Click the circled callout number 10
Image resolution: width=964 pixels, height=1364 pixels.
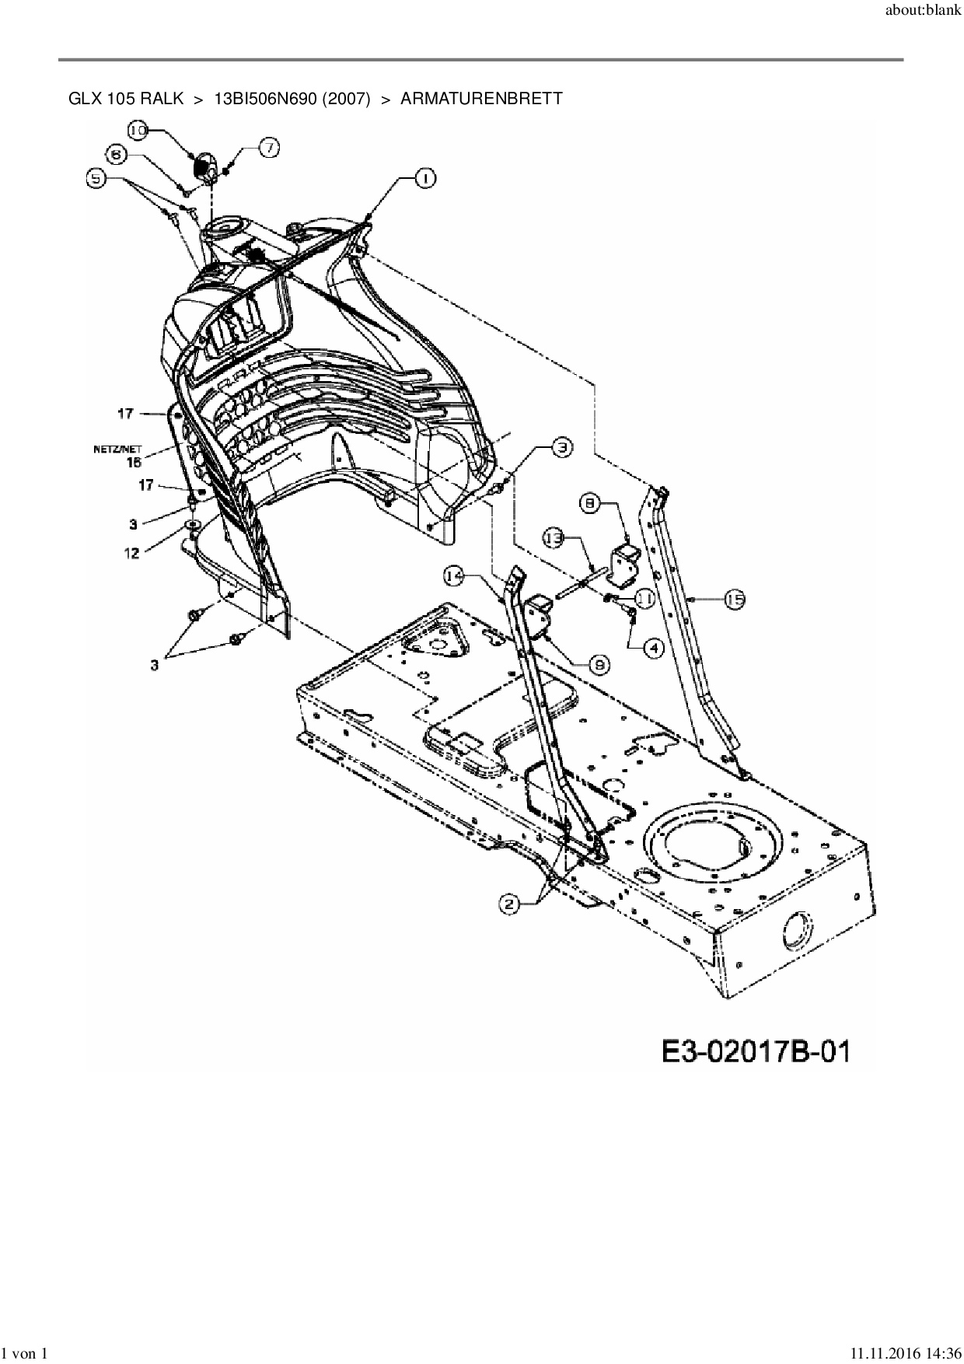click(x=138, y=131)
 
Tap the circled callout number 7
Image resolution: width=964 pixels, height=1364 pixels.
click(x=269, y=148)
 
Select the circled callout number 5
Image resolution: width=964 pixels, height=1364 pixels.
click(x=95, y=179)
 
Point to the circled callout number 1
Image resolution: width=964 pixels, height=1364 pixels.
click(x=424, y=179)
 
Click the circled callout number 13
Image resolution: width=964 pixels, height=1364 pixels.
click(x=553, y=537)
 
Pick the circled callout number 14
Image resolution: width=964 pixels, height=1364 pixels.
click(x=455, y=575)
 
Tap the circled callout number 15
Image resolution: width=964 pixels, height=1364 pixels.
click(x=735, y=599)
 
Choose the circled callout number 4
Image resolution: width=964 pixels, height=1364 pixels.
click(x=653, y=646)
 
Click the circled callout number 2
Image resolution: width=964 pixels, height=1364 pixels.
click(x=509, y=903)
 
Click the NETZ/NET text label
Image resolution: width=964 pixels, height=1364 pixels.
click(x=117, y=448)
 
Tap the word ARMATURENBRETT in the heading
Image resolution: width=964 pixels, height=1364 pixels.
click(x=480, y=99)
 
